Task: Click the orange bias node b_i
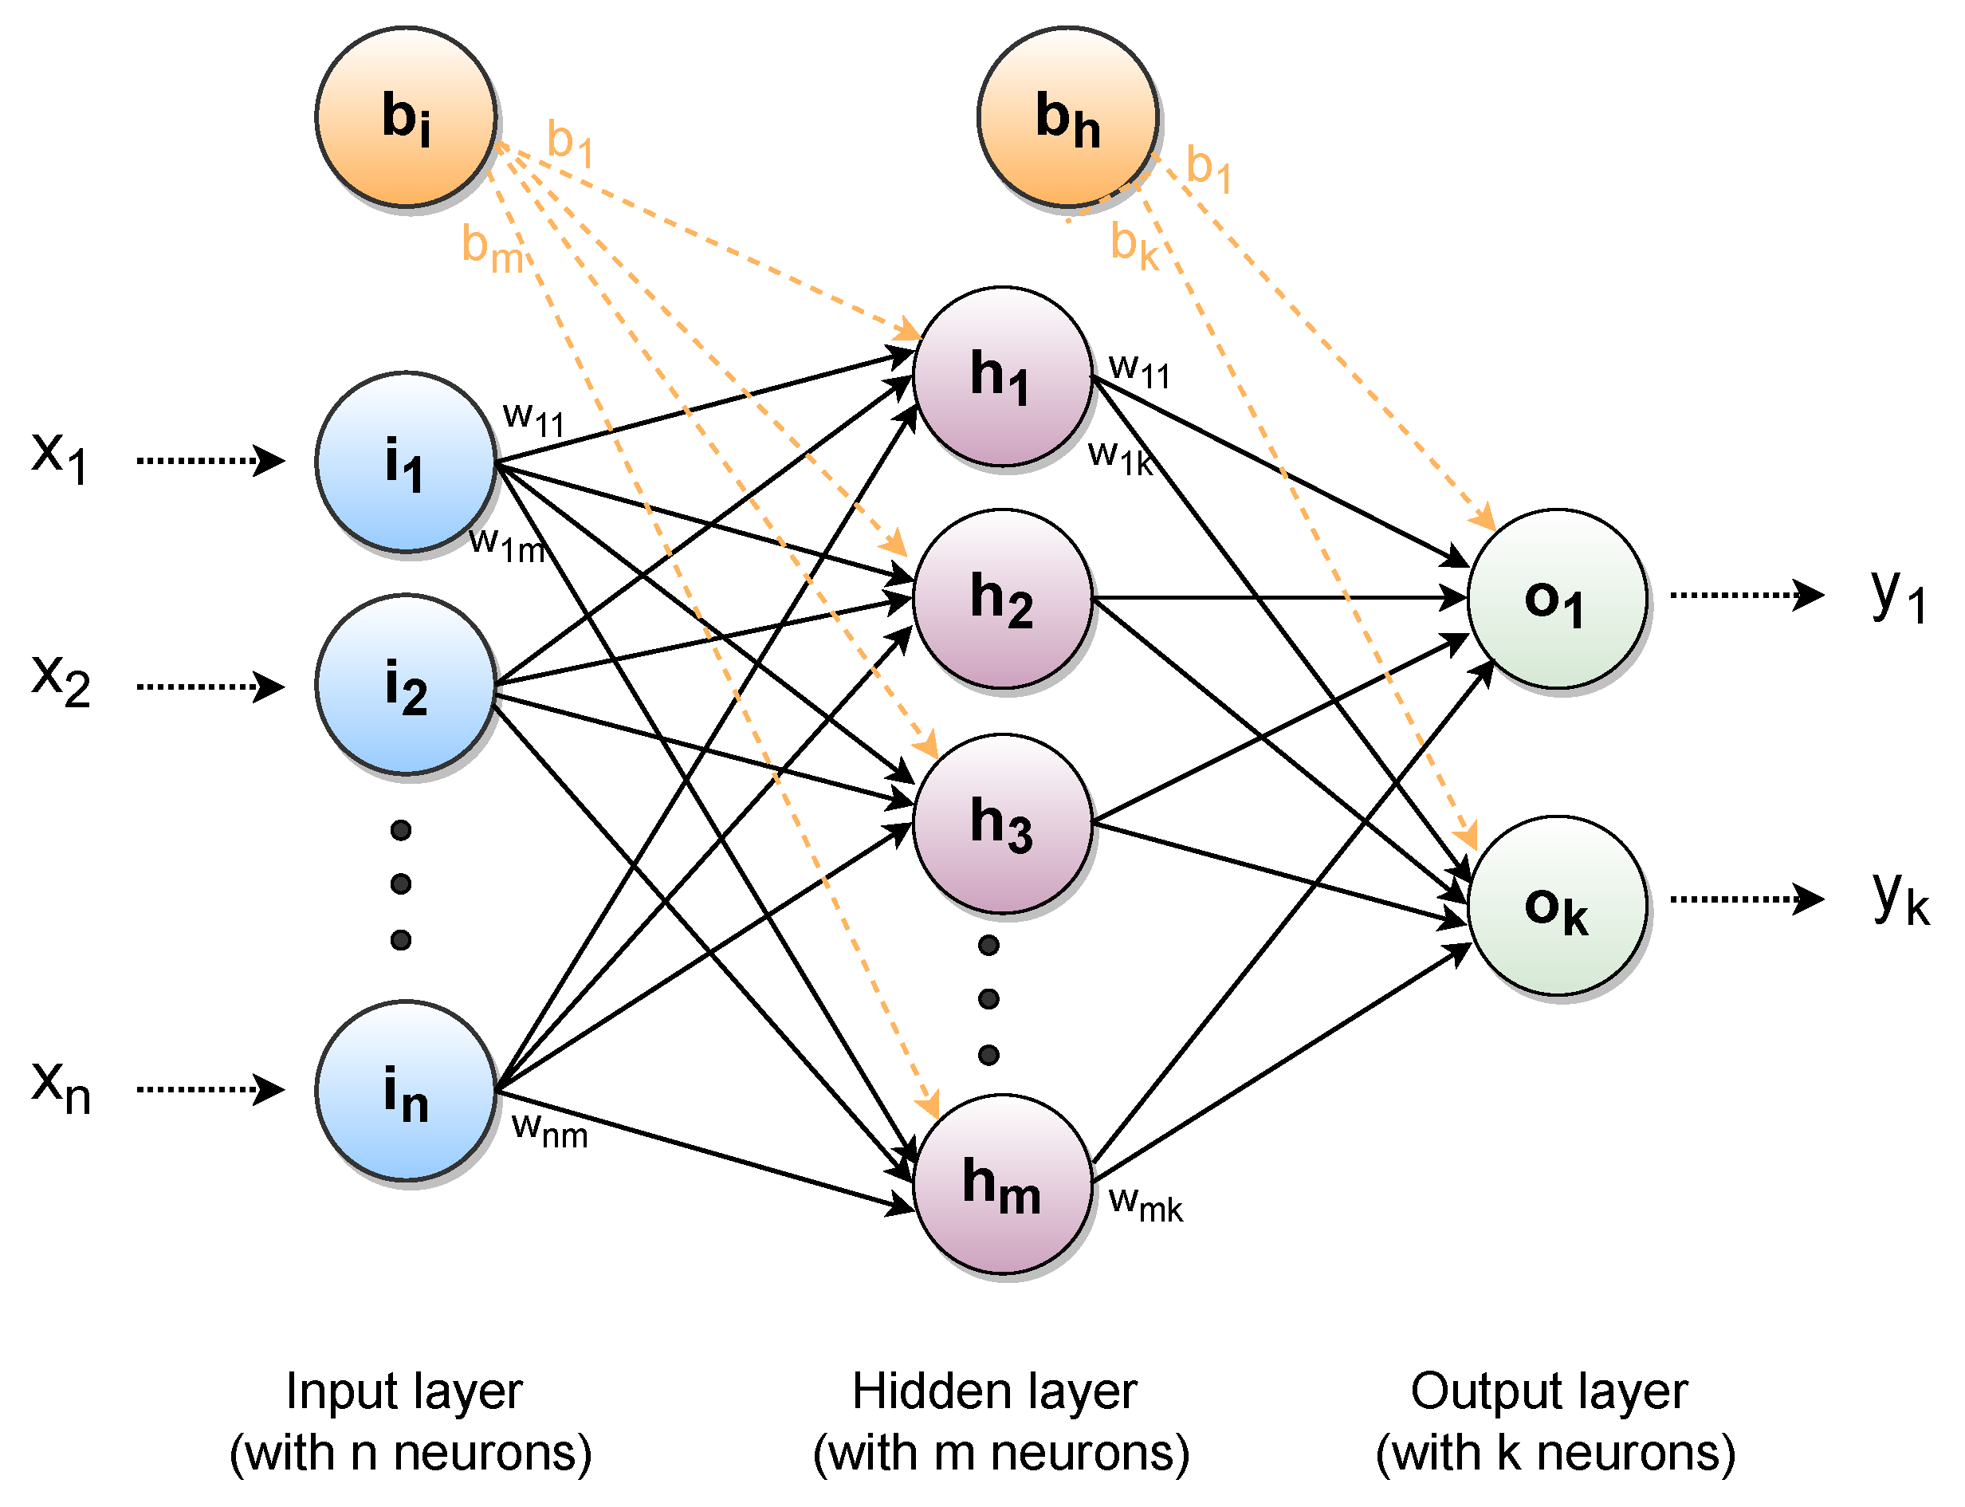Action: (x=406, y=116)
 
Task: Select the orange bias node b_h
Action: (x=1067, y=116)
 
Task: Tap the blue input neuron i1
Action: (x=406, y=461)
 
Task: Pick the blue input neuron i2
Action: (x=406, y=683)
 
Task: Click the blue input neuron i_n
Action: (x=406, y=1090)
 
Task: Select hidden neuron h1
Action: (x=1002, y=376)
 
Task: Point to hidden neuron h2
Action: (x=1002, y=598)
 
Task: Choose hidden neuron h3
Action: (x=1002, y=823)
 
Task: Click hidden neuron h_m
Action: (x=1002, y=1183)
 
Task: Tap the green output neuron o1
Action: (x=1556, y=598)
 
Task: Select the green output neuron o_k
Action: (x=1556, y=905)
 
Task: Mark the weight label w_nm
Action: (x=549, y=1131)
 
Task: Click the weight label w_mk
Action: (x=1146, y=1204)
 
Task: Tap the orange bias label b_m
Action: (x=492, y=249)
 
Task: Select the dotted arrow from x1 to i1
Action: (x=210, y=460)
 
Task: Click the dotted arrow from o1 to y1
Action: (x=1745, y=594)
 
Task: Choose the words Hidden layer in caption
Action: (x=994, y=1391)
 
